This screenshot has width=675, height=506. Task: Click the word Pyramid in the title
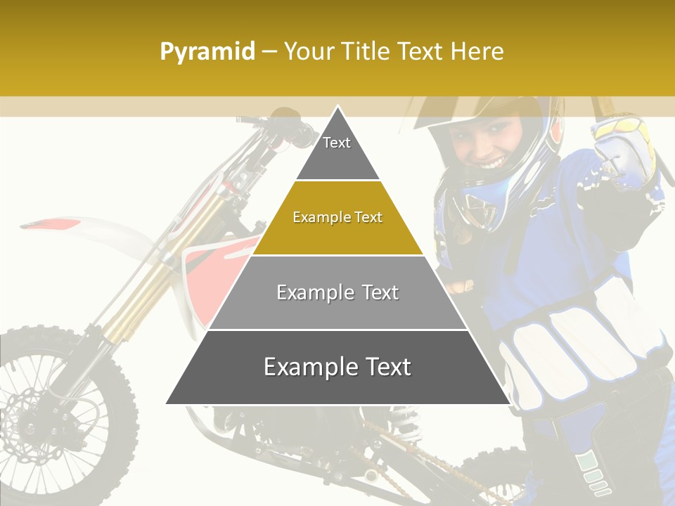(207, 52)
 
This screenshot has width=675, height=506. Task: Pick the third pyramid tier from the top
(337, 292)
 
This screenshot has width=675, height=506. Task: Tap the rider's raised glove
(622, 151)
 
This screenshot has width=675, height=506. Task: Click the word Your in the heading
(307, 51)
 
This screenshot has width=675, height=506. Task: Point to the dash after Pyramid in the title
(269, 52)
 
